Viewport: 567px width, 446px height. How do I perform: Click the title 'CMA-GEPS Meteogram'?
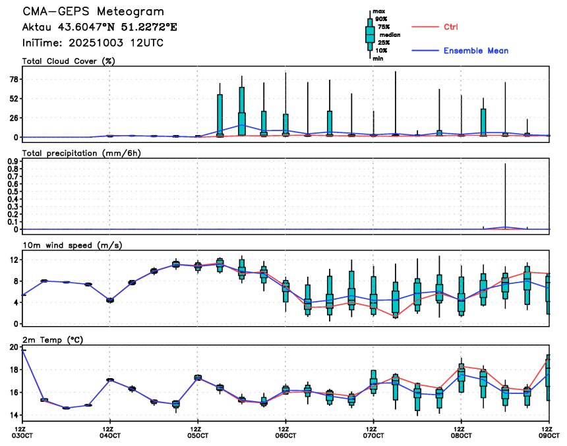[x=94, y=12]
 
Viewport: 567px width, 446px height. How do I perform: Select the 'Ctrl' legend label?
[x=450, y=27]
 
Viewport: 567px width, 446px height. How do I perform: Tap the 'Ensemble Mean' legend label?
[x=475, y=51]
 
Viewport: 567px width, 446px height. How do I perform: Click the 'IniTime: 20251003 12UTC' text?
[x=93, y=43]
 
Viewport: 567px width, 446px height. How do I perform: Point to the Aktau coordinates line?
[x=100, y=28]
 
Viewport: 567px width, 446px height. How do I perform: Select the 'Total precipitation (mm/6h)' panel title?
[x=80, y=153]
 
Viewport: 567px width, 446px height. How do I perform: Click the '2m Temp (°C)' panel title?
[x=53, y=339]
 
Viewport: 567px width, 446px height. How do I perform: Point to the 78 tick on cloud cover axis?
[x=13, y=79]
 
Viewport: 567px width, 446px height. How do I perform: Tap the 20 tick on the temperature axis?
[x=13, y=347]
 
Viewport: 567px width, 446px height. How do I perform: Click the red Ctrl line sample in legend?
[x=425, y=27]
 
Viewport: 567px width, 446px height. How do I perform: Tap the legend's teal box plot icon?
[x=370, y=34]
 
